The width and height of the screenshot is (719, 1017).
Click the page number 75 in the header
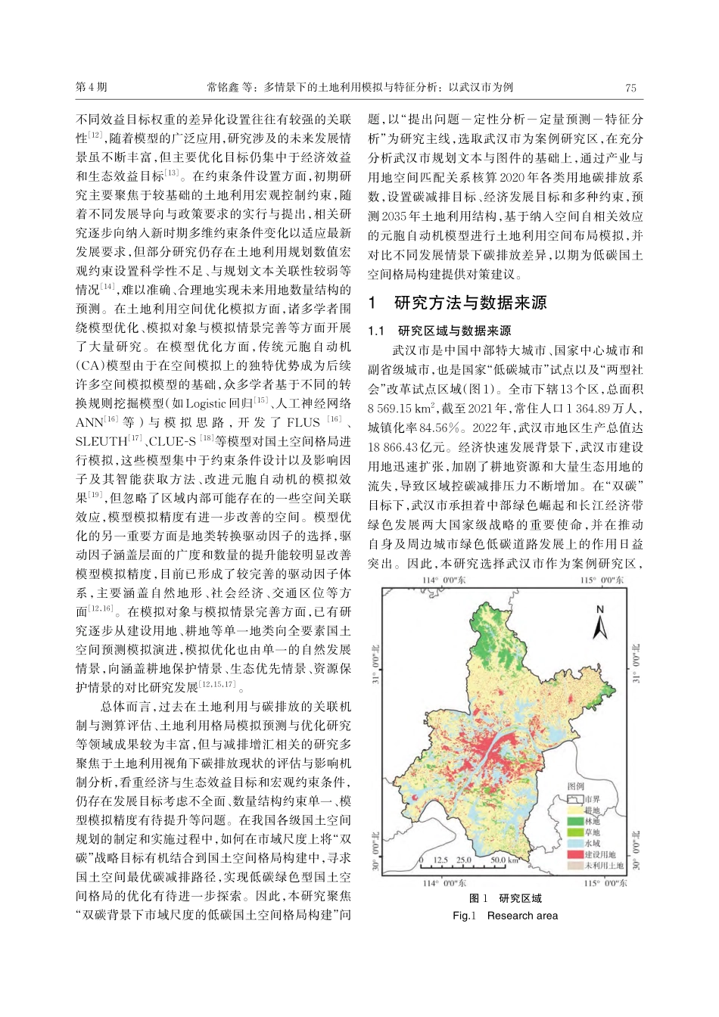(x=630, y=87)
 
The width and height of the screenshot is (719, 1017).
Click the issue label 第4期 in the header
(x=92, y=87)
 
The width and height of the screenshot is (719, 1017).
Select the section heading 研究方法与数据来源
(x=470, y=303)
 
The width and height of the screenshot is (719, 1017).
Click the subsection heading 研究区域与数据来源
(x=454, y=331)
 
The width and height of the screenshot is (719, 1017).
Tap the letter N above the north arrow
(x=599, y=609)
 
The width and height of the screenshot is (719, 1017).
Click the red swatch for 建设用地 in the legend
(x=574, y=854)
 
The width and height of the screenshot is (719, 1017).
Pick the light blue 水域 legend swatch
(x=574, y=842)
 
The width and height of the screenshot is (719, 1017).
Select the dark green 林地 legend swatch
(x=574, y=820)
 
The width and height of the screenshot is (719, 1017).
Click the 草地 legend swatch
(x=574, y=832)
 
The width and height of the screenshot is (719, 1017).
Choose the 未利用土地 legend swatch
(x=574, y=865)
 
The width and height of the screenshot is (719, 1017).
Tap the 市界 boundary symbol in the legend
(x=574, y=798)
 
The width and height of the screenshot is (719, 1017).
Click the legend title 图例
(x=577, y=786)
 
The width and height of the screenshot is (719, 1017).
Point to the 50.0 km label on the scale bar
(x=504, y=860)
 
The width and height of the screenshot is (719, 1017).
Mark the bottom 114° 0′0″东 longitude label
(x=444, y=882)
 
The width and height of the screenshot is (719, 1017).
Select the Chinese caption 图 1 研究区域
(x=506, y=899)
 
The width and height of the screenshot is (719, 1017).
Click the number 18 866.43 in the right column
(x=400, y=447)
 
